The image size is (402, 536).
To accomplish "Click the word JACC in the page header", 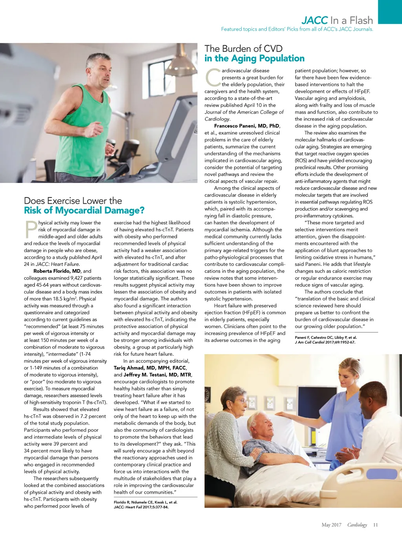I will point(314,20).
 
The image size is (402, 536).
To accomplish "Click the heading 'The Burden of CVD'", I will point(243,49).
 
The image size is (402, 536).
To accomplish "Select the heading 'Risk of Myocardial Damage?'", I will point(84,210).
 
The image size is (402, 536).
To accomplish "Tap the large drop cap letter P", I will point(31,230).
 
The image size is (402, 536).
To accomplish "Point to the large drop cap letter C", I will point(213,77).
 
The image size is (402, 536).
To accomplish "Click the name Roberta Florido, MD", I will point(57,271).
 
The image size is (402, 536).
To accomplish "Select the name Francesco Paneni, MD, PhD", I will point(247,126).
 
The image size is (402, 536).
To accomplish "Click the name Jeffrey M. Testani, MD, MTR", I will point(157,375).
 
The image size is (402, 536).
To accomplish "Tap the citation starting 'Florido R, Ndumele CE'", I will point(146,502).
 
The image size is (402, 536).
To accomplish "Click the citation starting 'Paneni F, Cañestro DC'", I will point(326,337).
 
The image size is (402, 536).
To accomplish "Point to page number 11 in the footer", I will point(375,525).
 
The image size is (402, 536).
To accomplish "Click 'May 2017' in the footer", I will point(331,525).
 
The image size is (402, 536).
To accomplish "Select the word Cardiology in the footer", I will point(357,525).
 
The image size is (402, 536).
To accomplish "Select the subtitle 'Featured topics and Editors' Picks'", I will point(297,29).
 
